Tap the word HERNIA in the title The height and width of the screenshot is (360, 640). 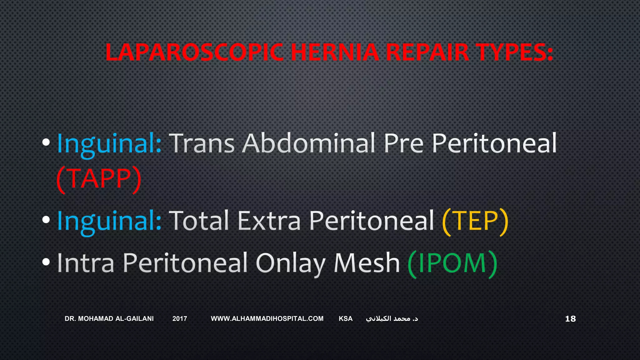click(x=335, y=52)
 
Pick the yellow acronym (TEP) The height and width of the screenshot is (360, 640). click(x=475, y=221)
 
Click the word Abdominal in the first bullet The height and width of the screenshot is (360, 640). click(x=309, y=143)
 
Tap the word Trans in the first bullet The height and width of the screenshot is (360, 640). click(x=202, y=143)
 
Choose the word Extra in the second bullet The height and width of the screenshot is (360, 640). click(x=269, y=221)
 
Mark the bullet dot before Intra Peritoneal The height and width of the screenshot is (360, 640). click(x=46, y=262)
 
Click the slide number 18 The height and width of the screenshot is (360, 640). click(x=570, y=319)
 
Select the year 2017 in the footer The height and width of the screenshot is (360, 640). click(x=180, y=319)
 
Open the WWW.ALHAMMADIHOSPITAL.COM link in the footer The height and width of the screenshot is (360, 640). click(x=267, y=319)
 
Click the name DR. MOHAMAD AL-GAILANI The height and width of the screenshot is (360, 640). click(x=109, y=319)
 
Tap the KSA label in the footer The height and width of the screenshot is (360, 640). click(x=346, y=319)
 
